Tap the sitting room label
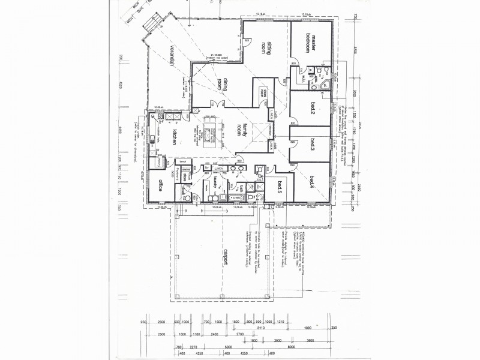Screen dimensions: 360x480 point(266,45)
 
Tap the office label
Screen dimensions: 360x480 point(160,186)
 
